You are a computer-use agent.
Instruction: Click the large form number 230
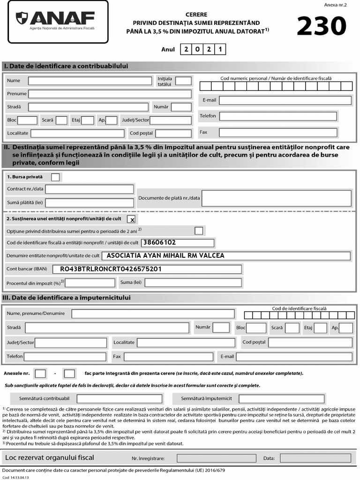[322, 26]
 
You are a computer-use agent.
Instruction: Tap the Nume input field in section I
[90, 81]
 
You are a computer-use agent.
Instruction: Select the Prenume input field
[110, 94]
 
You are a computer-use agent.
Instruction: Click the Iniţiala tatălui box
[183, 81]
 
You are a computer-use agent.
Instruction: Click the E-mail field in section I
[285, 100]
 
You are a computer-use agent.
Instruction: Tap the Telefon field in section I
[278, 116]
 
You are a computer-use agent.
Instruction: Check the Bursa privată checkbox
[55, 177]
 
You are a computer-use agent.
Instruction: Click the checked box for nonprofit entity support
[132, 219]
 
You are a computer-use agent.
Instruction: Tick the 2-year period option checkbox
[199, 231]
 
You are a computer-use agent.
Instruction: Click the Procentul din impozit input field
[90, 283]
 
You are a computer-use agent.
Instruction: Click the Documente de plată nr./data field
[277, 198]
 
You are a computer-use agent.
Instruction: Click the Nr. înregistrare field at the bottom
[210, 458]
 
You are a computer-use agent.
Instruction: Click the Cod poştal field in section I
[173, 133]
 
